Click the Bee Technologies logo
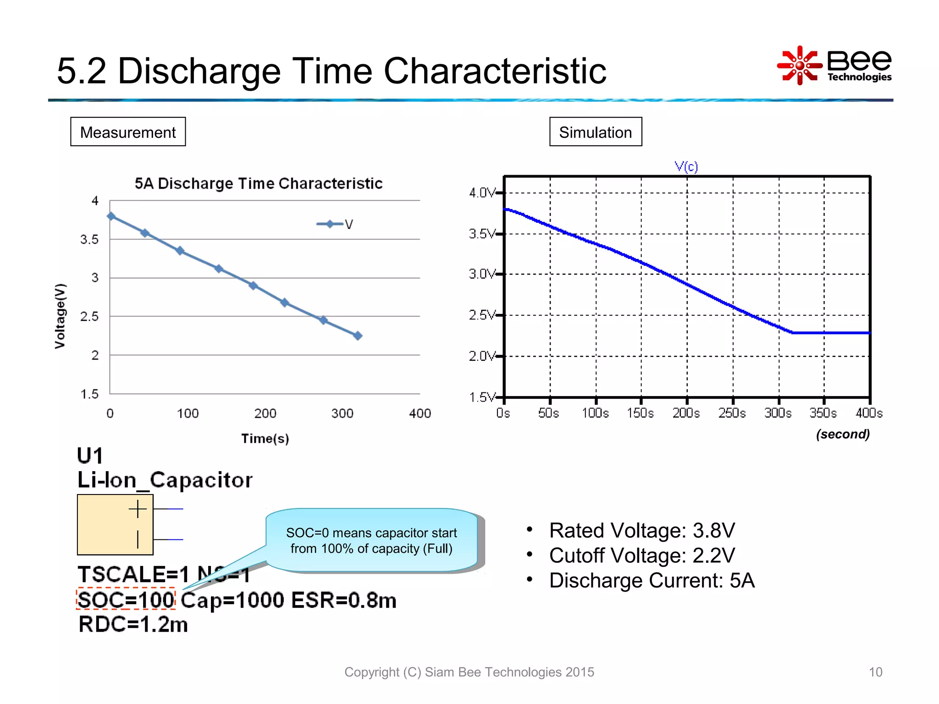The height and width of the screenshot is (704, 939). point(834,66)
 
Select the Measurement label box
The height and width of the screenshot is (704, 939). point(128,132)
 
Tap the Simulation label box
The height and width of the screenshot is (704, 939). point(595,132)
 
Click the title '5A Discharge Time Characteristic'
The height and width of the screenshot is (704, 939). point(258,183)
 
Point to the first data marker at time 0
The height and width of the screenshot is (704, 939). point(111,216)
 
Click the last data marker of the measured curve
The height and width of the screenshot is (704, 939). point(358,335)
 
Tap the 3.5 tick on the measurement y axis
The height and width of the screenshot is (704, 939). point(89,239)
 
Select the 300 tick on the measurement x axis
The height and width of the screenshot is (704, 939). point(342,413)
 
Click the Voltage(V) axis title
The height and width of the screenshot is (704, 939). point(60,316)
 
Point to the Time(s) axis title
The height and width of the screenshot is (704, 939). point(265,439)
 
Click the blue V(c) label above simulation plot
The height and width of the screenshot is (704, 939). point(686,166)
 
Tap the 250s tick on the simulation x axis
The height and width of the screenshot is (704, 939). point(732,413)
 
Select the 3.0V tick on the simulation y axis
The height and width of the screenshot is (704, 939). point(482,274)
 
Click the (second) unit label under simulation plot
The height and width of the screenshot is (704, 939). point(842,434)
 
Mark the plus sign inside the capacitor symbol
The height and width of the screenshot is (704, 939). point(138,509)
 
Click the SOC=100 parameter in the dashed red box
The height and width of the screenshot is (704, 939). point(126,599)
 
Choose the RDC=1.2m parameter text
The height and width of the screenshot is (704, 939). point(133,624)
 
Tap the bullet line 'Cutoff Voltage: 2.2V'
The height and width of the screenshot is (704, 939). point(642,555)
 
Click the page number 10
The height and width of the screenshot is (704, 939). point(875,672)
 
